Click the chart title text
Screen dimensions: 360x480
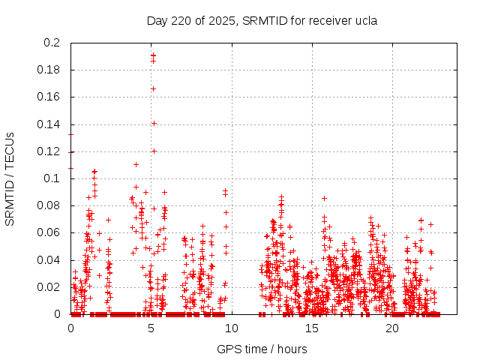(261, 20)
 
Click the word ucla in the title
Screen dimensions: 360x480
(364, 20)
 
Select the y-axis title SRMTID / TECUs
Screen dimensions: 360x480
(10, 178)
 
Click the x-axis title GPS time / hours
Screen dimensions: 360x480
(261, 348)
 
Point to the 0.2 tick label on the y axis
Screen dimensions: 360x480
(52, 43)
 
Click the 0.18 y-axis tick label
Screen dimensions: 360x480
(49, 70)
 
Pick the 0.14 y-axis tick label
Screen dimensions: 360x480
(49, 124)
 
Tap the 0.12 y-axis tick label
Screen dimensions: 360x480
(49, 151)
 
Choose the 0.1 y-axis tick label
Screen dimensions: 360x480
(52, 178)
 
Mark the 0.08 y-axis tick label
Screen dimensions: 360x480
(49, 205)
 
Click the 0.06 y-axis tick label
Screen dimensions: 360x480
(49, 232)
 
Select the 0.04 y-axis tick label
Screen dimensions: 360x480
(49, 260)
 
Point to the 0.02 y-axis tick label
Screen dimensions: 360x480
(49, 287)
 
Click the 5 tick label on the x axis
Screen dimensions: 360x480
(151, 328)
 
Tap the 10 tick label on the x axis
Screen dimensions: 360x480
(232, 328)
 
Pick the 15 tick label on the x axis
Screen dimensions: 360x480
(312, 328)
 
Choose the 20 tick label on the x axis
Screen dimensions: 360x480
(392, 328)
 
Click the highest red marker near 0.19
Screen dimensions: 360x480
(153, 54)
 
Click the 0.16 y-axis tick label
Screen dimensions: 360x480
(49, 97)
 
